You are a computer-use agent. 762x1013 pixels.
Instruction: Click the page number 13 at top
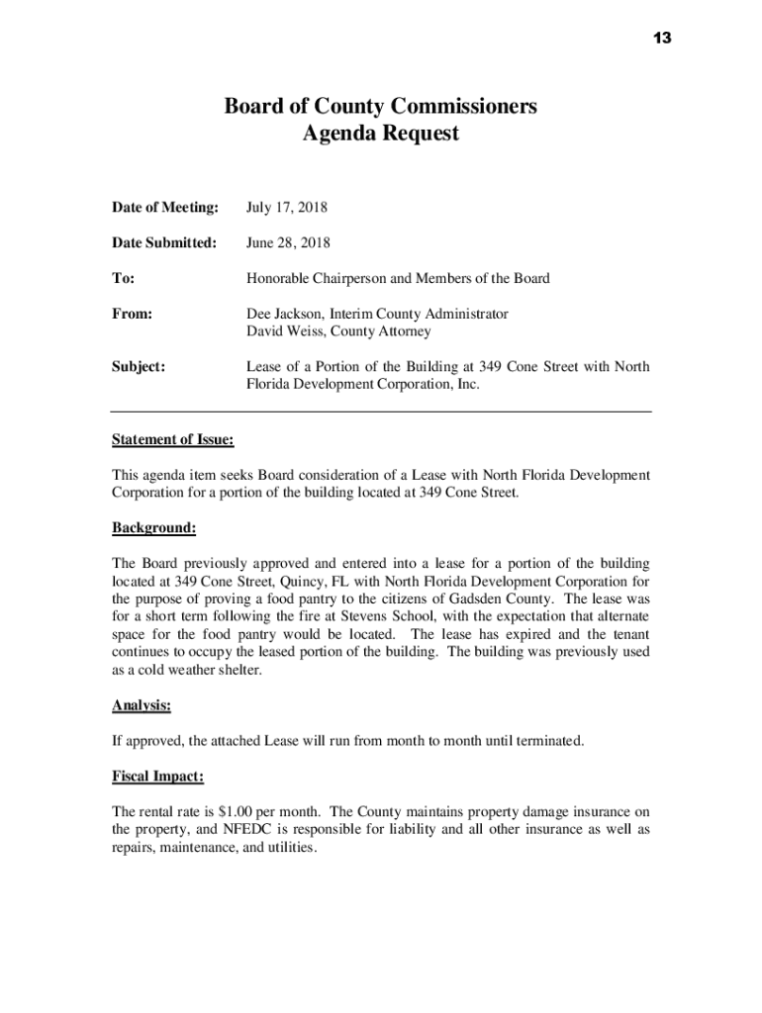[x=662, y=38]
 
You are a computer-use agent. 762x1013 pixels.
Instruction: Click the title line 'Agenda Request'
[x=380, y=133]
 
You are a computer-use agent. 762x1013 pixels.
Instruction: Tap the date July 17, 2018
[x=287, y=208]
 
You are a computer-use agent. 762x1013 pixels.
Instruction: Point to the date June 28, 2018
[x=288, y=242]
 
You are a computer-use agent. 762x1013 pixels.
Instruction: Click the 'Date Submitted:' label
[x=163, y=242]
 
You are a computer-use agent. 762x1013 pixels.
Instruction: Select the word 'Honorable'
[x=278, y=278]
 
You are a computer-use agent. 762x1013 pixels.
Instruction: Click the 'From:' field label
[x=132, y=314]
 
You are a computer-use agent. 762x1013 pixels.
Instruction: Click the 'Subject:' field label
[x=139, y=367]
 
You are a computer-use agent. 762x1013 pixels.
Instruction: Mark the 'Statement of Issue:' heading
[x=172, y=439]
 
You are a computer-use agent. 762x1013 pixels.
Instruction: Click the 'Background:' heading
[x=153, y=528]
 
